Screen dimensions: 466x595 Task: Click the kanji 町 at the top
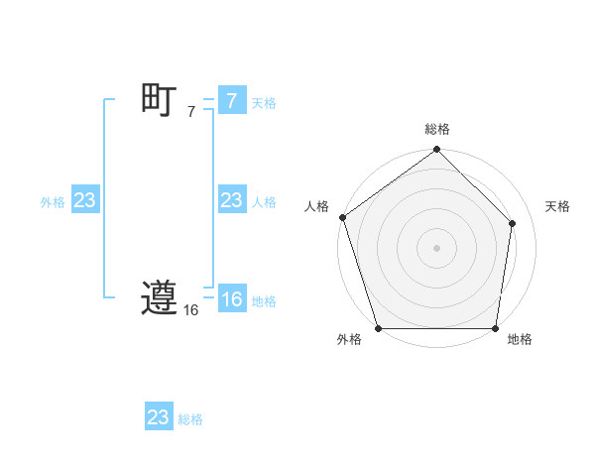159,100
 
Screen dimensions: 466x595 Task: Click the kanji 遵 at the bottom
159,298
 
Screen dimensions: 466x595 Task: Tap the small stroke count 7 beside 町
191,112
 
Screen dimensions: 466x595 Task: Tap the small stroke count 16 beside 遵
190,310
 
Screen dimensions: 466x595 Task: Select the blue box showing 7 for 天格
231,100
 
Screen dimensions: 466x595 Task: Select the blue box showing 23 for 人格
231,200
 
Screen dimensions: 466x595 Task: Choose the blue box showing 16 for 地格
231,299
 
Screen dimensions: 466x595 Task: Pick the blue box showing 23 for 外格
84,200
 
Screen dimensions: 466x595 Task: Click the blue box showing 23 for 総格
158,417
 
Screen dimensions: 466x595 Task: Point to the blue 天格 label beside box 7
264,102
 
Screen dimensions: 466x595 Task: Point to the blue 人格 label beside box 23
264,202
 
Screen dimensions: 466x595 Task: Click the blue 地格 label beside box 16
264,301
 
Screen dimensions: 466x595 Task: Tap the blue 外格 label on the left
53,202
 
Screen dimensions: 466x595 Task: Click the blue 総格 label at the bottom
190,419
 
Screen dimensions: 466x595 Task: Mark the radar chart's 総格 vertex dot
436,151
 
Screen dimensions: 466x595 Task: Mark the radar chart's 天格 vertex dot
513,222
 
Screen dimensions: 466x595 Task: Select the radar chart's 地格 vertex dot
495,328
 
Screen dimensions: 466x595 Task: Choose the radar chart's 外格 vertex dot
379,328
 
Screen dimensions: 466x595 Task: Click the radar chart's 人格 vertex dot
342,217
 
